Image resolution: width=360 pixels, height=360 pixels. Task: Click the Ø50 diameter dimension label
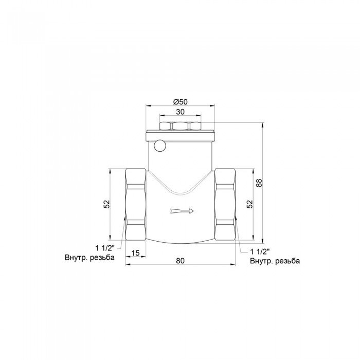pyautogui.click(x=179, y=101)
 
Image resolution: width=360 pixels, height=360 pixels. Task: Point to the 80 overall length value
pyautogui.click(x=179, y=260)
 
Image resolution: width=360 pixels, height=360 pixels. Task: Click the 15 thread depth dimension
pyautogui.click(x=135, y=253)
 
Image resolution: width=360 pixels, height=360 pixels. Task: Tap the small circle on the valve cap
pyautogui.click(x=160, y=146)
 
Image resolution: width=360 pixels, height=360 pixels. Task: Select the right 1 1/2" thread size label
pyautogui.click(x=260, y=251)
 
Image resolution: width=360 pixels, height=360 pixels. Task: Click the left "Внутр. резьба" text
pyautogui.click(x=90, y=257)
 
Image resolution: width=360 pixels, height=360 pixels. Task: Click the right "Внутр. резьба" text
pyautogui.click(x=275, y=261)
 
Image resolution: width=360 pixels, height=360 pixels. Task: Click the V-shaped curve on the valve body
pyautogui.click(x=179, y=191)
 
